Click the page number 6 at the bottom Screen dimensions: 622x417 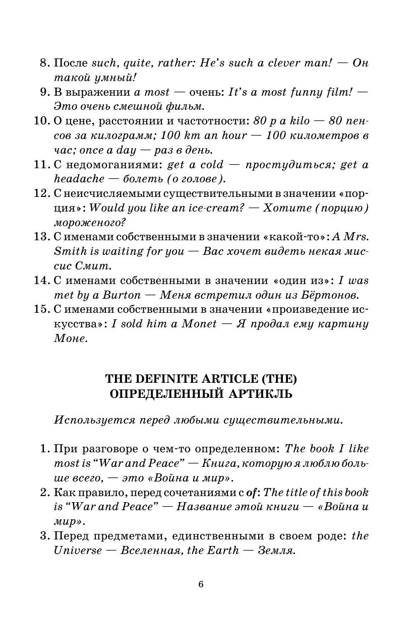[x=201, y=584]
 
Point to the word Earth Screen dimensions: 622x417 [x=222, y=550]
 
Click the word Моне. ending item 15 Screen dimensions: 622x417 [x=71, y=339]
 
